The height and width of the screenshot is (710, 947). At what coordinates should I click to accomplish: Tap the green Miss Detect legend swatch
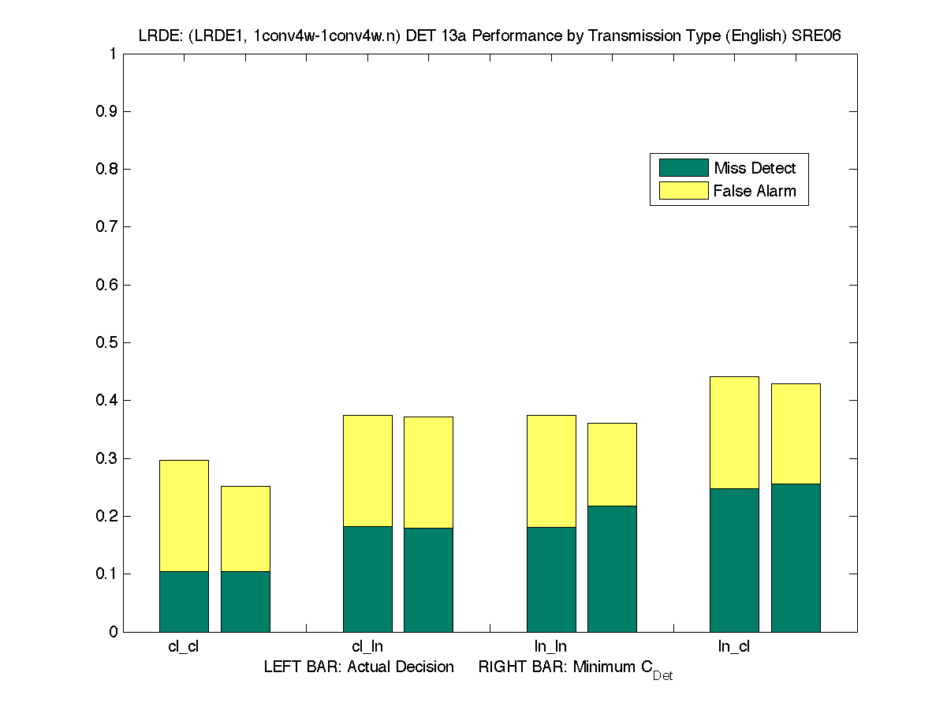click(684, 167)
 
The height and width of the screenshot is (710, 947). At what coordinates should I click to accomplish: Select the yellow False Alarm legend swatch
click(684, 191)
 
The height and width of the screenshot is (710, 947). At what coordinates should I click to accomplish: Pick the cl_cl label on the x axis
click(184, 647)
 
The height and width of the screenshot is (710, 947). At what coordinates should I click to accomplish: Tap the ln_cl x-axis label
click(733, 647)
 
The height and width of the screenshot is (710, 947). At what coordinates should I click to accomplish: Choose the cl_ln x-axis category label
click(367, 647)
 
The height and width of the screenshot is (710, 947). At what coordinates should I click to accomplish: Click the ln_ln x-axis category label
click(550, 647)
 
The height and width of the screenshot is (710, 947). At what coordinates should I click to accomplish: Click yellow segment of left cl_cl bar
click(184, 515)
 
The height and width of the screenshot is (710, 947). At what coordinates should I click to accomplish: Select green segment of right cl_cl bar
click(245, 601)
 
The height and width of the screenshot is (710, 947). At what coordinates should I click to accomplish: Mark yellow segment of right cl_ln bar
click(428, 472)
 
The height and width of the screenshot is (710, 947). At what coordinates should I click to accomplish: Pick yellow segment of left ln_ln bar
click(551, 471)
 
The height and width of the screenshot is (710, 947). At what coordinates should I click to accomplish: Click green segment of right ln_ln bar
click(612, 568)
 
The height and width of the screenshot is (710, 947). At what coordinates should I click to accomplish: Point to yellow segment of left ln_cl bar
click(734, 432)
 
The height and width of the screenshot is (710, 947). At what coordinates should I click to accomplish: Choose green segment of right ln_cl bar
click(796, 557)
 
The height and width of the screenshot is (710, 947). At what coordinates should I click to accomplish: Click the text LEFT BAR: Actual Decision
click(359, 667)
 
